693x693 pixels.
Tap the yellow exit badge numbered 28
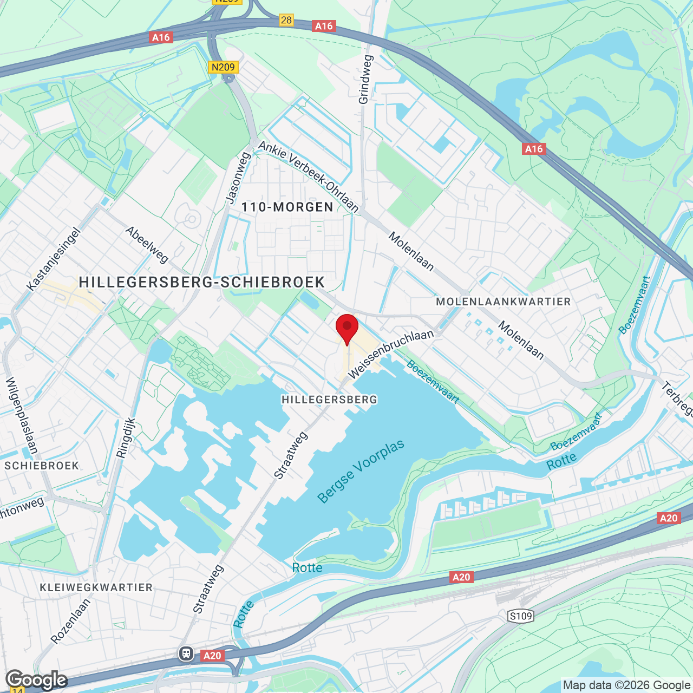click(286, 20)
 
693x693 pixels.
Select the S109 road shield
click(521, 616)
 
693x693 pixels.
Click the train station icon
click(186, 653)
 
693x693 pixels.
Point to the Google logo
click(36, 680)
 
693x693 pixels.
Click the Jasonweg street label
click(238, 177)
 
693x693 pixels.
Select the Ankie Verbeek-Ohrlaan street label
click(309, 176)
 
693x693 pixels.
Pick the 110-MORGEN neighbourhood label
click(287, 207)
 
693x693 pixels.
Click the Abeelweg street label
click(147, 245)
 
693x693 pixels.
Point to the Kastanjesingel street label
click(54, 259)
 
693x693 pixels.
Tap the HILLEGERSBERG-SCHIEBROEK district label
click(202, 282)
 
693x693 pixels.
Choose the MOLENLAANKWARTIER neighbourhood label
click(504, 302)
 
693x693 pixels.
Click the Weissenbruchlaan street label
click(390, 355)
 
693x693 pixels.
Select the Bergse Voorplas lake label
click(361, 471)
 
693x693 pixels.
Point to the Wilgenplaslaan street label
click(22, 415)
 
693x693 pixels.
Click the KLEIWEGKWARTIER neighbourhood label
click(96, 587)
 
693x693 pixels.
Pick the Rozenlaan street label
click(71, 620)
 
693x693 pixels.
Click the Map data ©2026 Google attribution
click(626, 685)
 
